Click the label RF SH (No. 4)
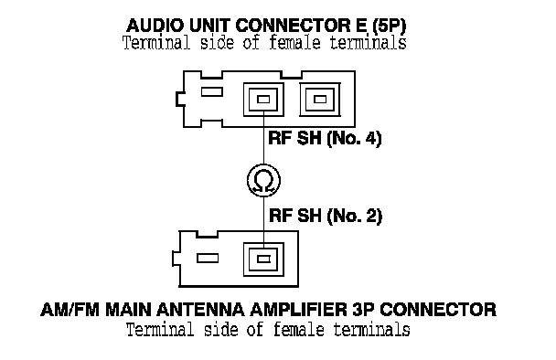tap(325, 138)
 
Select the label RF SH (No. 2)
tap(326, 216)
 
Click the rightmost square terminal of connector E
tap(320, 100)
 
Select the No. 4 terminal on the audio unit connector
tap(263, 100)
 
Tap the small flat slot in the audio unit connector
tap(211, 91)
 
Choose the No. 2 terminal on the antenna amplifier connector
tap(263, 259)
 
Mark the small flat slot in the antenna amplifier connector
tap(208, 259)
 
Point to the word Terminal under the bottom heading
tap(160, 330)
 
